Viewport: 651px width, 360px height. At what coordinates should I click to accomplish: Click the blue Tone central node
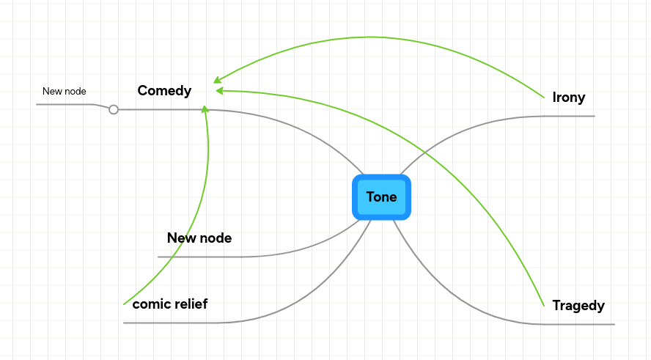tap(381, 197)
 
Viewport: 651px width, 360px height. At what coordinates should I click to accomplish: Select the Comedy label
tap(164, 91)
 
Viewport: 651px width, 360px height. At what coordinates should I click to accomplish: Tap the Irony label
tap(569, 98)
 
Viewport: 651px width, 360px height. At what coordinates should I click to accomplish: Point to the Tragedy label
tap(578, 306)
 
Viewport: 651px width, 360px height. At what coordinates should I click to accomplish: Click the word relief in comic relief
tap(191, 304)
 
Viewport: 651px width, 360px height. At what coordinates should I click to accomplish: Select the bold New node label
tap(199, 238)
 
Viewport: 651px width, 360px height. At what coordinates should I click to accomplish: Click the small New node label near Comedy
tap(65, 92)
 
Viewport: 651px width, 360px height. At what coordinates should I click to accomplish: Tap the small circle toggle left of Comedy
tap(114, 109)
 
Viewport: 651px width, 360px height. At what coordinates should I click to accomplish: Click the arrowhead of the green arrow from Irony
tap(216, 80)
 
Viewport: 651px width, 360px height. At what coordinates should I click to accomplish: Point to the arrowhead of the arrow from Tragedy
tap(218, 91)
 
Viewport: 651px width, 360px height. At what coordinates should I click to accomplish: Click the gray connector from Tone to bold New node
tap(293, 254)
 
